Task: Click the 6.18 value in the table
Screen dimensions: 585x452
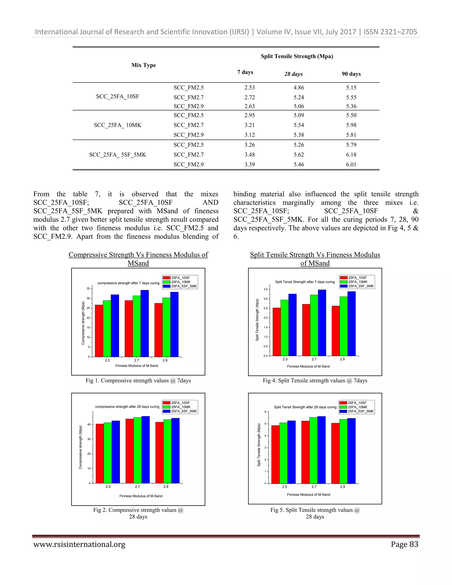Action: click(x=351, y=155)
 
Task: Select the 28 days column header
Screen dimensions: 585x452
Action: click(x=293, y=74)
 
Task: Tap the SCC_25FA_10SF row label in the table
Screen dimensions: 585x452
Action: click(x=118, y=96)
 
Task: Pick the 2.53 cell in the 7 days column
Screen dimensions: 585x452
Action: click(x=249, y=88)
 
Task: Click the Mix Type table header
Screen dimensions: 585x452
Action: click(x=143, y=65)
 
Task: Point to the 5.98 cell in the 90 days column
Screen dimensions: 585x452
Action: click(x=351, y=125)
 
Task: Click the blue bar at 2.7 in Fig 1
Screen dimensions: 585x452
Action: click(x=145, y=324)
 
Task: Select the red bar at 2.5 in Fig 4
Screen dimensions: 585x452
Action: click(x=277, y=332)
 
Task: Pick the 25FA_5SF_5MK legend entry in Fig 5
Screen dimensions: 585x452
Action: click(x=360, y=411)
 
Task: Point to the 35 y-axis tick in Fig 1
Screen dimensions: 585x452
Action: click(x=88, y=289)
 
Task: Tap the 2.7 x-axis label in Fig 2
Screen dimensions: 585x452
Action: click(x=137, y=487)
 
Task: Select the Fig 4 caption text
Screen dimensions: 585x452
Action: click(x=315, y=381)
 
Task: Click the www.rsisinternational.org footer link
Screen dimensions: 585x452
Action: click(x=79, y=544)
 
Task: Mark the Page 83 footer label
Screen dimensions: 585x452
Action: click(x=404, y=544)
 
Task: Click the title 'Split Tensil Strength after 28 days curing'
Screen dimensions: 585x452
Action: click(x=305, y=407)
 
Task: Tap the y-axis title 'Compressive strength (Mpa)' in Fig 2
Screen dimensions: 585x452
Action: click(x=80, y=447)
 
